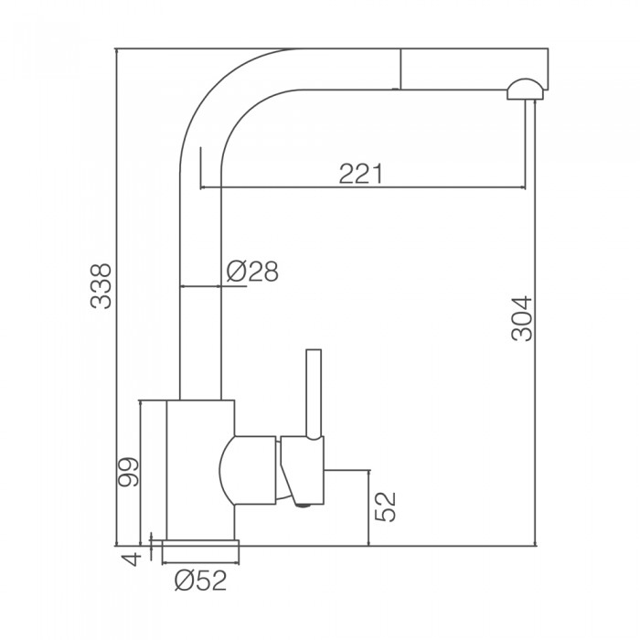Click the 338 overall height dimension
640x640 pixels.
pos(101,285)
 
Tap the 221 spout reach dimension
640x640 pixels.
pos(361,174)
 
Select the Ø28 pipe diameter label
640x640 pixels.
pos(252,271)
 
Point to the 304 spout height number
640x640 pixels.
pos(522,319)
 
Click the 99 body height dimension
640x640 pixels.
pos(128,472)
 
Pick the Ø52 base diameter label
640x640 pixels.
pos(200,581)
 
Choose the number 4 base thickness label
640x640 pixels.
pos(133,559)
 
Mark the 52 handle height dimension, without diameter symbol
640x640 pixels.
pos(385,507)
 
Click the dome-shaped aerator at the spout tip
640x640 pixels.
pos(526,90)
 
